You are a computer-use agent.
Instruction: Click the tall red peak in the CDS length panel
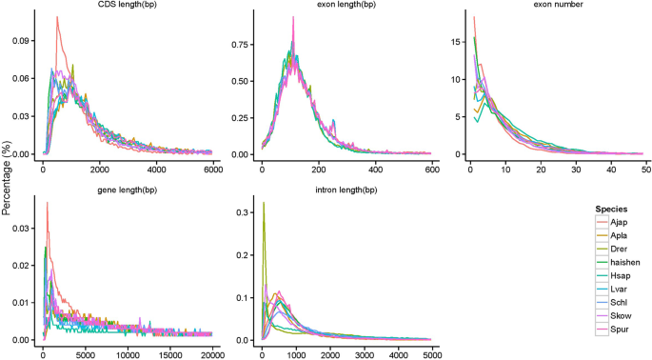coord(57,17)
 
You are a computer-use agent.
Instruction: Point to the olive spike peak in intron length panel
coord(264,203)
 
